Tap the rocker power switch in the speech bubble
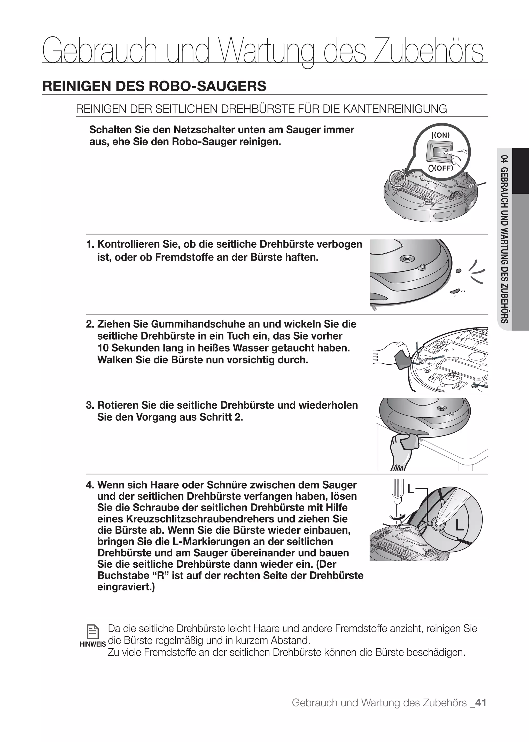(440, 152)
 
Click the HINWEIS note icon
(92, 632)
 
